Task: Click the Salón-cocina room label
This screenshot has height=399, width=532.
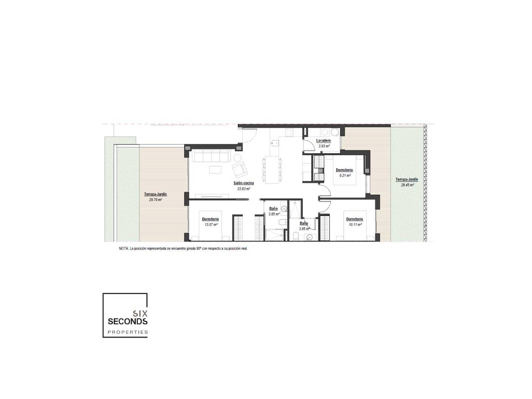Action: pyautogui.click(x=243, y=183)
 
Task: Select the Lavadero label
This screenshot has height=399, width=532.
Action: pyautogui.click(x=323, y=140)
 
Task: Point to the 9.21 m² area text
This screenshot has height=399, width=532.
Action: pyautogui.click(x=345, y=175)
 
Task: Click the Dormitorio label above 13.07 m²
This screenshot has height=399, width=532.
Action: pyautogui.click(x=210, y=219)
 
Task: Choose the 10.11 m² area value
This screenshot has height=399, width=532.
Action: pyautogui.click(x=355, y=225)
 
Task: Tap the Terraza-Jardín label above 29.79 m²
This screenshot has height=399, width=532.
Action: pyautogui.click(x=156, y=194)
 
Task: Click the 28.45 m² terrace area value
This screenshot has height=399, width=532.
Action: pyautogui.click(x=407, y=185)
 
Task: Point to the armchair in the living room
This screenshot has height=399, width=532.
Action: pyautogui.click(x=240, y=170)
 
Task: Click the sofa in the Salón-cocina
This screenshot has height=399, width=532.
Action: pyautogui.click(x=211, y=156)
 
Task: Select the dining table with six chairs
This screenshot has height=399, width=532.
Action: pyautogui.click(x=272, y=170)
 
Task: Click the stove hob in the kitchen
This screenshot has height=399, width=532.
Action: pyautogui.click(x=289, y=132)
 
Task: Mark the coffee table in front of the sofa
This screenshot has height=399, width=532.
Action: pyautogui.click(x=215, y=169)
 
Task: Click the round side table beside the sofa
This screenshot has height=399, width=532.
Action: pyautogui.click(x=237, y=158)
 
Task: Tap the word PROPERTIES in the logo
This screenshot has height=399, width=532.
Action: pyautogui.click(x=127, y=332)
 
